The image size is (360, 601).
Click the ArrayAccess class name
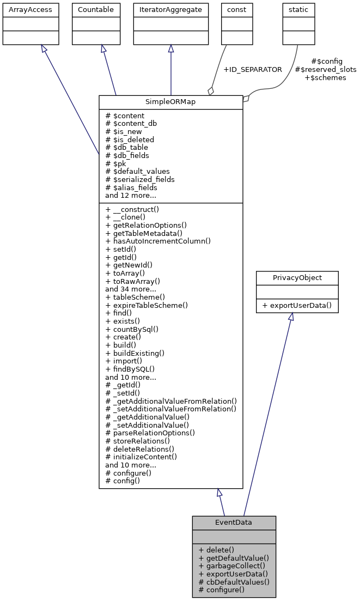coord(23,10)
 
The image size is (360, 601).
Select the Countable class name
coord(96,10)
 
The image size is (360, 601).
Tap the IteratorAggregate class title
coord(171,10)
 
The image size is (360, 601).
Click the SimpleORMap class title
coord(170,102)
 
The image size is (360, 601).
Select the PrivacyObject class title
coord(297,278)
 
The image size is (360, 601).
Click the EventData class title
coord(234,523)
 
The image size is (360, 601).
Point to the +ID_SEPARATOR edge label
coord(253,70)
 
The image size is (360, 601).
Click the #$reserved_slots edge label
coord(325,70)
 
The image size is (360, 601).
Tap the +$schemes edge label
coord(325,78)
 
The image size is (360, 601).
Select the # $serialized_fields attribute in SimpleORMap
coord(140,179)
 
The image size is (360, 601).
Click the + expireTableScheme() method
coord(147,305)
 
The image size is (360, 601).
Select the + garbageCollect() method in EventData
coord(232,566)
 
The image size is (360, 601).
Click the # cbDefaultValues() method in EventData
coord(233,581)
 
